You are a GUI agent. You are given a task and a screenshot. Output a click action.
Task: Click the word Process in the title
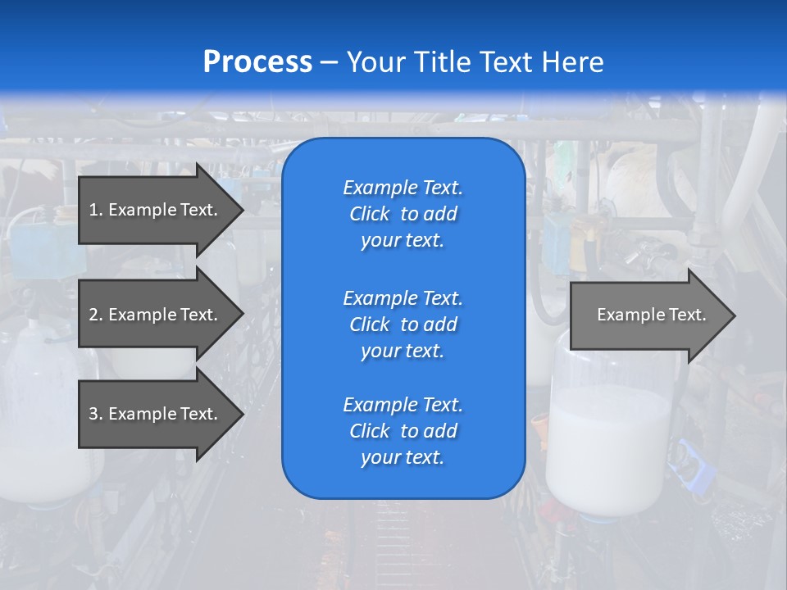tap(257, 61)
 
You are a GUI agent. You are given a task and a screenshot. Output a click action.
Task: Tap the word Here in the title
tap(573, 61)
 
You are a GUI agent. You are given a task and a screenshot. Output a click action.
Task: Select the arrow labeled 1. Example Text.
tap(156, 210)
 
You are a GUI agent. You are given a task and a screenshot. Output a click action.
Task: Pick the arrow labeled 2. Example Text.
tap(156, 315)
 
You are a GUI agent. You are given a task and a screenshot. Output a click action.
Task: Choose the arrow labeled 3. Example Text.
tap(156, 414)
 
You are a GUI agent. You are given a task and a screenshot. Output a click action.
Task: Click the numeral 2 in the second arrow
tap(93, 315)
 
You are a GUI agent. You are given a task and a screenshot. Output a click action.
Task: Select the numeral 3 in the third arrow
tap(93, 414)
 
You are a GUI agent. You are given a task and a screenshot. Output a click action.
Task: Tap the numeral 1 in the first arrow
tap(93, 210)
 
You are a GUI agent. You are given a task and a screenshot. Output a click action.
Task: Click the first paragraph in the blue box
tap(403, 214)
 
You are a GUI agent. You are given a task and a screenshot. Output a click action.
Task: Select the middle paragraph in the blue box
tap(403, 324)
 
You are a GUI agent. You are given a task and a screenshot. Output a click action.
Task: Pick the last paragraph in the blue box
tap(403, 431)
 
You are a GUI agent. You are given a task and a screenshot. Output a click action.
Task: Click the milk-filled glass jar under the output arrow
tap(610, 442)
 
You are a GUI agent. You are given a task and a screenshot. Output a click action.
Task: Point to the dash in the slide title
tap(329, 61)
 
